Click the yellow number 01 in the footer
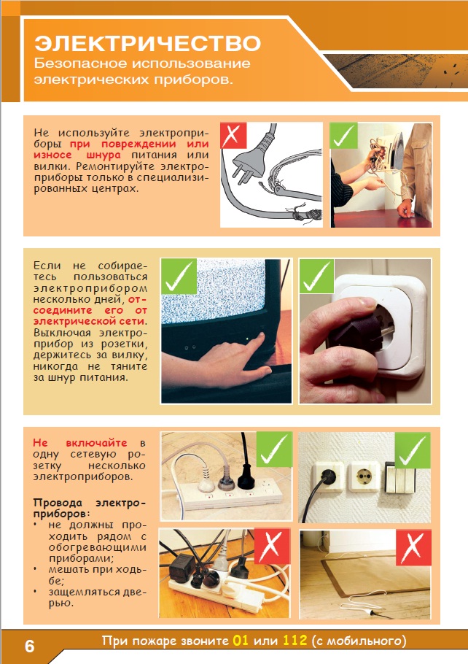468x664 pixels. click(x=240, y=641)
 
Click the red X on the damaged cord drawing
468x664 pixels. click(x=233, y=135)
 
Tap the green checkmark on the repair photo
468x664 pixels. click(x=343, y=135)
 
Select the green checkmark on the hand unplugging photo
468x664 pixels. click(x=316, y=276)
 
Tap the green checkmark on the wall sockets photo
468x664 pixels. click(x=413, y=449)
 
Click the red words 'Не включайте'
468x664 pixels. click(x=79, y=443)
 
